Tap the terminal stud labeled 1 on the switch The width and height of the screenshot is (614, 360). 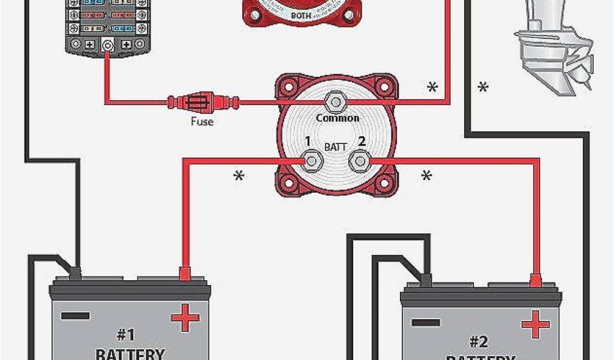tap(312, 161)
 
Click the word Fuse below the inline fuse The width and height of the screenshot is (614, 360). tap(202, 122)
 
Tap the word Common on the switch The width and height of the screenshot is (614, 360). tap(338, 118)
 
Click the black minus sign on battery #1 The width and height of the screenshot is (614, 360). tap(76, 316)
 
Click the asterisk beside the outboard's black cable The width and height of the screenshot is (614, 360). tap(483, 88)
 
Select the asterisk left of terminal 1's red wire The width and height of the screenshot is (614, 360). tap(239, 176)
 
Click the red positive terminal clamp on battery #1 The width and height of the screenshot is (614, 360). tap(185, 275)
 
